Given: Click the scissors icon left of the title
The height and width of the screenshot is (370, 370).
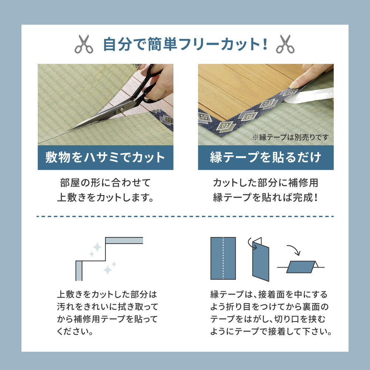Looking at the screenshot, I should [84, 44].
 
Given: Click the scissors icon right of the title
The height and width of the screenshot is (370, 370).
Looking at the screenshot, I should [285, 44].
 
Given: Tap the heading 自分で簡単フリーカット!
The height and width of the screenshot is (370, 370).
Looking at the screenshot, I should [185, 44].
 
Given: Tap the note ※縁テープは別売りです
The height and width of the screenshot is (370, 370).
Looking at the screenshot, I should [290, 137].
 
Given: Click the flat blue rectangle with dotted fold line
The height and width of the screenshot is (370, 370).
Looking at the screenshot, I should [223, 258].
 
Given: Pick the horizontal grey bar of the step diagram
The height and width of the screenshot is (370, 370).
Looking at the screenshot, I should [124, 240].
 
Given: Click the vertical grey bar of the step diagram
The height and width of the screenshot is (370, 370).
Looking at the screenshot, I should [79, 270].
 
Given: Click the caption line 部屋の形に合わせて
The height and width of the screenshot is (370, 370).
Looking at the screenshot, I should [105, 183].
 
